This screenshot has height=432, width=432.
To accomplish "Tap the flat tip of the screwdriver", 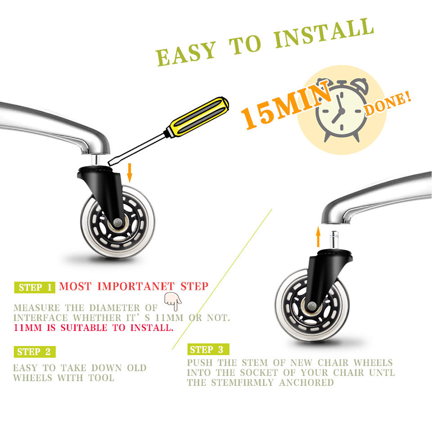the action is (x=110, y=163).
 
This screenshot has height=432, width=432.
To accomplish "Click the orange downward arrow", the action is (x=130, y=173).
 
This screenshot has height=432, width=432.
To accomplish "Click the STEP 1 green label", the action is (x=35, y=288).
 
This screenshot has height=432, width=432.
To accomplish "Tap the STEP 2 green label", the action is (x=35, y=352).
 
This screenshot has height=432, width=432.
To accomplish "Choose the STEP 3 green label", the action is (x=208, y=349).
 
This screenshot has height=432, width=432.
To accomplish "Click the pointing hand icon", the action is (x=173, y=301).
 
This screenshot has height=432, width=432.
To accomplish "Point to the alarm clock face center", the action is (x=342, y=111).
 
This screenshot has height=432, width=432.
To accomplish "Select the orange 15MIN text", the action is (x=287, y=106).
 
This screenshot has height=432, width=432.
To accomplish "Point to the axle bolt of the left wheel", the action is (x=117, y=222).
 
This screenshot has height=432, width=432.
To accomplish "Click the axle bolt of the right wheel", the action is (x=312, y=305).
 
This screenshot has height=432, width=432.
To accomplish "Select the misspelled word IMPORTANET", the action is (x=136, y=286).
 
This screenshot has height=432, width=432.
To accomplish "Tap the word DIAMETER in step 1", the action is (x=115, y=308).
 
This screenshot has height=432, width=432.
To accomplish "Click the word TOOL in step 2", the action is (x=101, y=378).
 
